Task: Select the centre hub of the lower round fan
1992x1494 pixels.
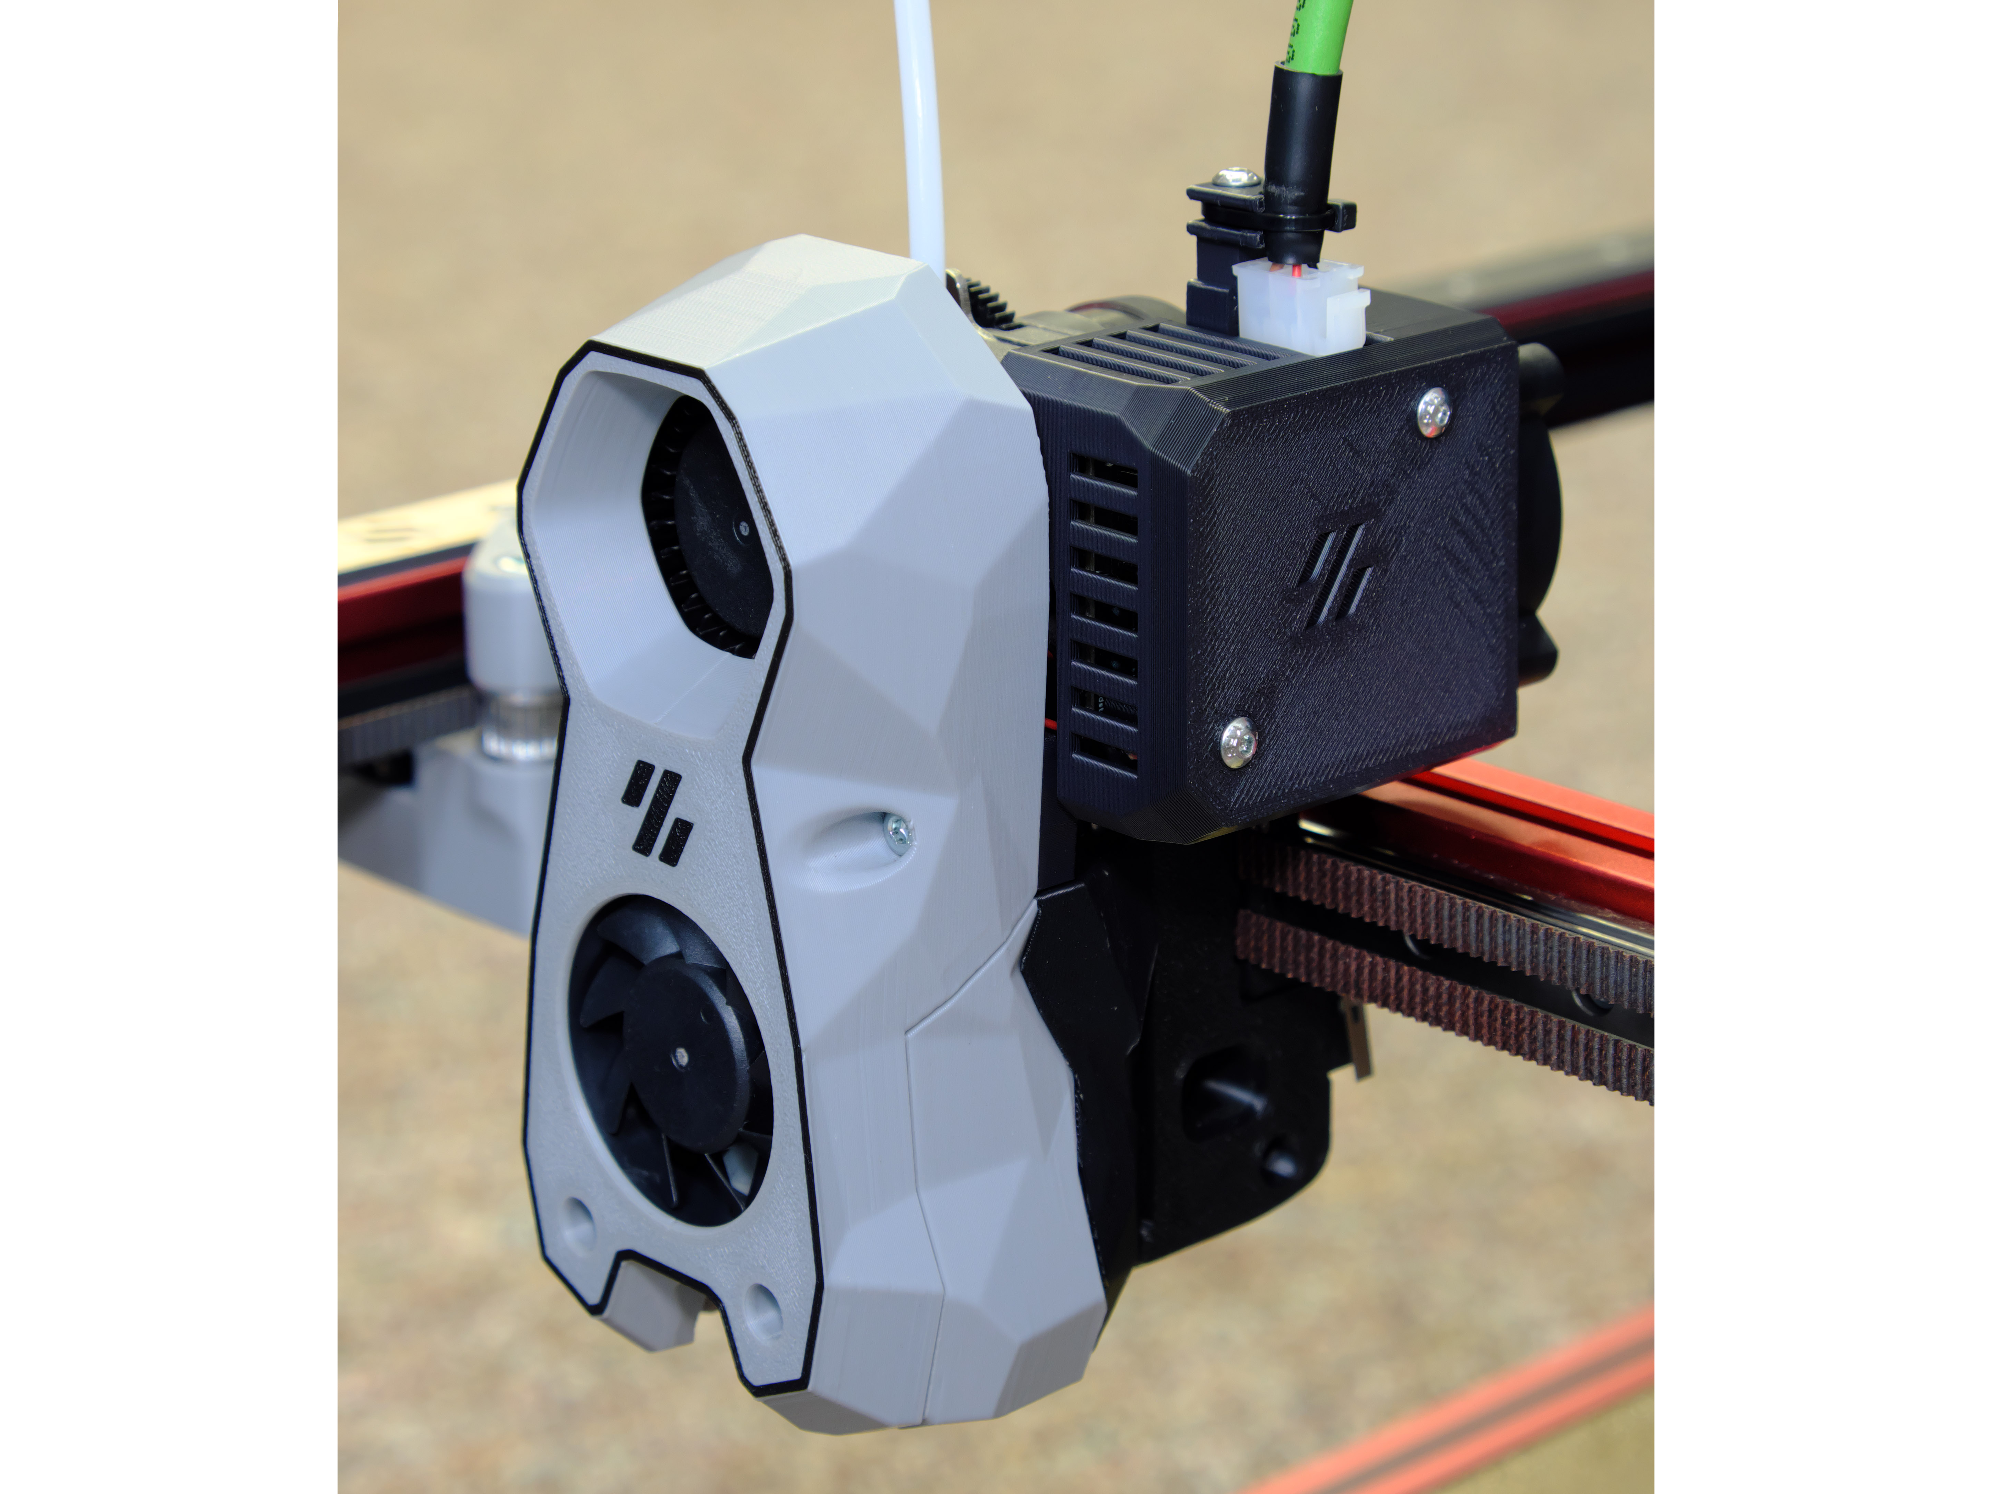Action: click(x=682, y=1054)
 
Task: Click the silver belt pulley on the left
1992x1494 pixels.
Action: click(x=515, y=720)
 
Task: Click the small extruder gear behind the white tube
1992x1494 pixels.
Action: click(x=986, y=297)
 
